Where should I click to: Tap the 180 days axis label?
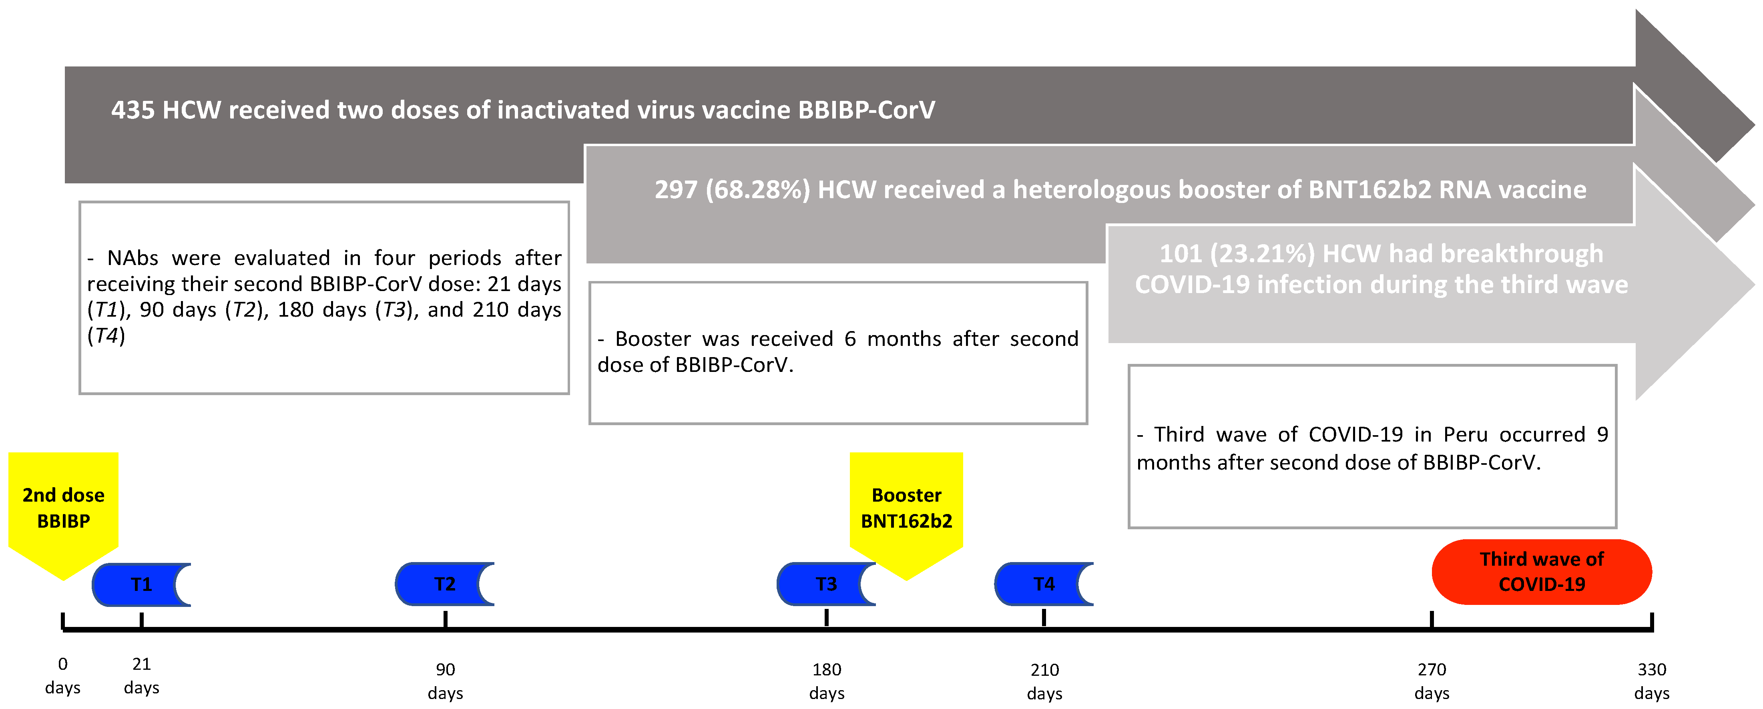pos(827,681)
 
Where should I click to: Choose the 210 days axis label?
pos(1044,681)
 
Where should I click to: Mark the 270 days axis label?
pos(1432,681)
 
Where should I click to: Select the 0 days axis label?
pos(62,675)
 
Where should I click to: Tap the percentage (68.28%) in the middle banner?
pos(758,190)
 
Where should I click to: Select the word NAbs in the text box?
pos(133,258)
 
